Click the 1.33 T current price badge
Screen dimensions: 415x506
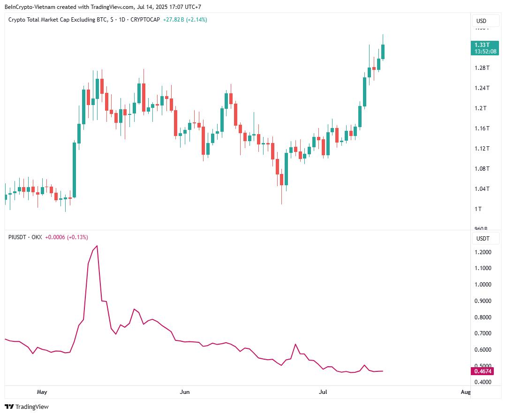tap(484, 48)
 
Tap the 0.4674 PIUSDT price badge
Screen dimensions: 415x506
tap(483, 371)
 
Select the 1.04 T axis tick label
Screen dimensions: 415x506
tap(482, 189)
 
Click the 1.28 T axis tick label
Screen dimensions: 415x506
tap(482, 68)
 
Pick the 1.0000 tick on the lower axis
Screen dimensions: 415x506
tap(483, 285)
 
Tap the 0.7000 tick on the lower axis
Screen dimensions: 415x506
tap(483, 333)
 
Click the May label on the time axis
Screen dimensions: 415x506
tap(42, 392)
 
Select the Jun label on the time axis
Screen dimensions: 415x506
tap(185, 392)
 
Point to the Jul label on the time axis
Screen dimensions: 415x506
tap(323, 392)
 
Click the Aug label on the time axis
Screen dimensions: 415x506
tap(465, 392)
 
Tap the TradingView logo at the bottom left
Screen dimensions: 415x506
tap(27, 407)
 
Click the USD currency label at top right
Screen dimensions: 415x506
tap(481, 21)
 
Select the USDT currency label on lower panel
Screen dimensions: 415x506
tap(483, 239)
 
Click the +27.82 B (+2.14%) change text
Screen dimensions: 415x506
tap(185, 20)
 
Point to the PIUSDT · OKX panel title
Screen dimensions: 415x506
tap(25, 237)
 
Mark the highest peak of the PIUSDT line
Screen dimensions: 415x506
tap(97, 246)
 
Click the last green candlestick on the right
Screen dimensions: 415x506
tap(383, 52)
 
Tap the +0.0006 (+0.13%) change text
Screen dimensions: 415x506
tap(66, 237)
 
